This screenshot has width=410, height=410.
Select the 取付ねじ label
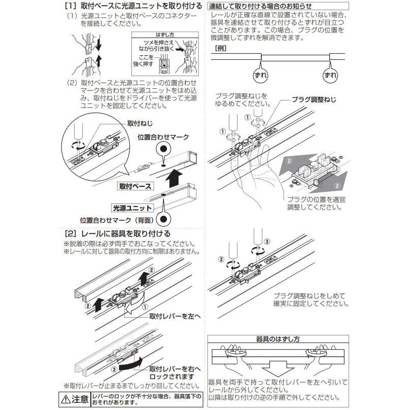[140, 123]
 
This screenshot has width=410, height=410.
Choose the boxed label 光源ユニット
[132, 208]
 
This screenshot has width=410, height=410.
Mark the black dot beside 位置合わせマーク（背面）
[163, 219]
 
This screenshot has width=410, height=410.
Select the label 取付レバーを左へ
[175, 316]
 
